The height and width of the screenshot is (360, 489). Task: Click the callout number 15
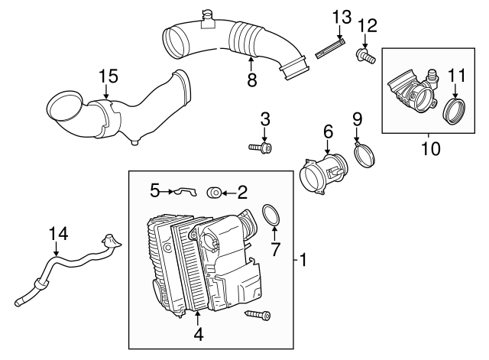click(109, 76)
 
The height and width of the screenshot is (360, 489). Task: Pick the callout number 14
click(58, 233)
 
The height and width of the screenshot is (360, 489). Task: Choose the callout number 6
click(327, 132)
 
